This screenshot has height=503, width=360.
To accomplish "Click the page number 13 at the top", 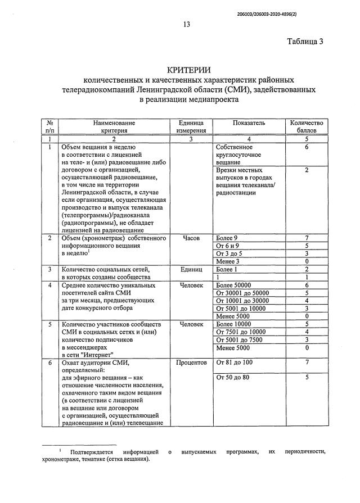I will click(187, 24).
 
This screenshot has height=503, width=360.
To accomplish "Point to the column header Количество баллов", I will click(307, 126).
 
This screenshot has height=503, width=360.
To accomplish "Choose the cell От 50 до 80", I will click(233, 378).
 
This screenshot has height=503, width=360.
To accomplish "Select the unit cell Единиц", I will click(191, 269).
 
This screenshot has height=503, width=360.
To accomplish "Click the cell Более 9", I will click(227, 238).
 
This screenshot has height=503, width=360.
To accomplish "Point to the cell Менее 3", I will click(227, 261).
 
